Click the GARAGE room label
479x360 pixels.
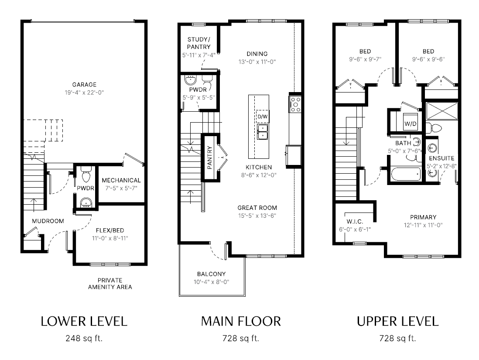(84, 85)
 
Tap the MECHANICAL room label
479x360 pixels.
(121, 180)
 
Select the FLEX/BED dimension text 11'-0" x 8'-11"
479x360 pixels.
(110, 238)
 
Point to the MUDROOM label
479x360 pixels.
(48, 221)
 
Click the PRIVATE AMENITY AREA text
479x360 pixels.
(110, 284)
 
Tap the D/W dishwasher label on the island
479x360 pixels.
(263, 117)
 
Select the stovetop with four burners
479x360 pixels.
(295, 104)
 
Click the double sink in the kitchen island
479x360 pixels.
(263, 132)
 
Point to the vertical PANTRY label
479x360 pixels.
(209, 158)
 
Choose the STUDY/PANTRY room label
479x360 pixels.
(199, 43)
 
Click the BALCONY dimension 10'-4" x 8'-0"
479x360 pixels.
(212, 282)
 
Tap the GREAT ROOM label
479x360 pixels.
(257, 208)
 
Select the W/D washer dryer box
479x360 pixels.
(411, 122)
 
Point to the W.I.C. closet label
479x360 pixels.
(355, 222)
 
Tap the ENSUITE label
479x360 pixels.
(442, 158)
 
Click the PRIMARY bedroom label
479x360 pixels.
(423, 217)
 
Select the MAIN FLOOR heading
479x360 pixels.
(241, 322)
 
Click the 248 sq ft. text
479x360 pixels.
(84, 338)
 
